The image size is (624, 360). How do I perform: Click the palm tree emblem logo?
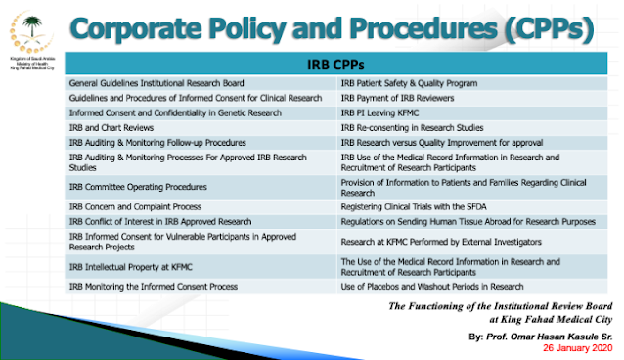(x=32, y=33)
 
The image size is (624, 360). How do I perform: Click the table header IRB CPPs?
(x=335, y=65)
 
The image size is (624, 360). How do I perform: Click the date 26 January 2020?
(x=577, y=348)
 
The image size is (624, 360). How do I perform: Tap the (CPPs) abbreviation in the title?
(x=549, y=29)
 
